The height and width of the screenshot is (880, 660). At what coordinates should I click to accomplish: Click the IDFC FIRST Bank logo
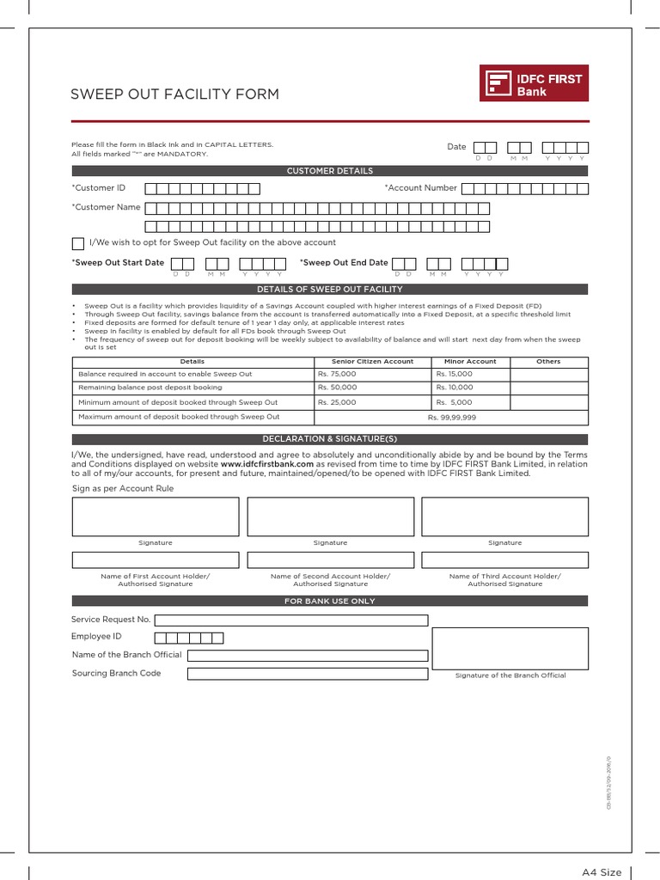click(535, 84)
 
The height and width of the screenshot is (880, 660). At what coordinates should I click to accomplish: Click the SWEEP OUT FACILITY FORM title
click(174, 94)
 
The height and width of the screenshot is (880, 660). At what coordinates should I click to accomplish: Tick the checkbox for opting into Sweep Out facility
click(78, 243)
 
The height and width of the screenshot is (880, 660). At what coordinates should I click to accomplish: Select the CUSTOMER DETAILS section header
click(330, 171)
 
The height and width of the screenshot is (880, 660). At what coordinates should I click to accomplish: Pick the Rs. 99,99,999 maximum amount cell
click(451, 417)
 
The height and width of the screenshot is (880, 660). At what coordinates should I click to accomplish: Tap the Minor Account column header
click(470, 362)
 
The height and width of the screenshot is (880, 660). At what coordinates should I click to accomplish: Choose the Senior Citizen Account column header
click(371, 362)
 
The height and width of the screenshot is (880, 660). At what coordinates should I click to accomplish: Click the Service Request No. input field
click(290, 620)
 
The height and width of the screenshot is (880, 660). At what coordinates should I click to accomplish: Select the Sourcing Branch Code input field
click(307, 674)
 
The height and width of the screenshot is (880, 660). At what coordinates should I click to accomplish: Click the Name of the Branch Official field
click(307, 656)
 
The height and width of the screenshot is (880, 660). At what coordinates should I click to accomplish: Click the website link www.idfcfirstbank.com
click(266, 464)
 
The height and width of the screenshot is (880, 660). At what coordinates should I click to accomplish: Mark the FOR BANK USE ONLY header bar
click(330, 601)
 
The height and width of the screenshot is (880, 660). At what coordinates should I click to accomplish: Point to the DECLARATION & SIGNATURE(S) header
click(330, 439)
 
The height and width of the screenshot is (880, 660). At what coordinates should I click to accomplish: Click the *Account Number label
click(420, 188)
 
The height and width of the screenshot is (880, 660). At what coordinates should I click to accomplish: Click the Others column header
click(548, 362)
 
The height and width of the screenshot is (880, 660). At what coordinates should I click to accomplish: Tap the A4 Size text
click(601, 872)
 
